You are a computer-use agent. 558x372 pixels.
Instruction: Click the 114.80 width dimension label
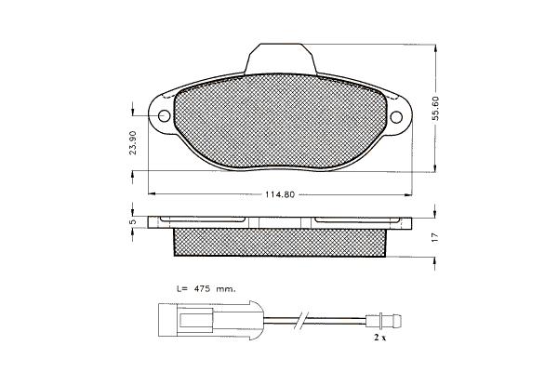point(280,194)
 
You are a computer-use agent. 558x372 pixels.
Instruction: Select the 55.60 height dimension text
point(436,108)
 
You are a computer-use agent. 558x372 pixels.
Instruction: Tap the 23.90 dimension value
point(133,142)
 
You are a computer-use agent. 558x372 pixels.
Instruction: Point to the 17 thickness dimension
point(434,238)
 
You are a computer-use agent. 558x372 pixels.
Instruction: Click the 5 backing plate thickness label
point(132,221)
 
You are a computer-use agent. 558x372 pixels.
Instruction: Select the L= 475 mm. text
point(206,289)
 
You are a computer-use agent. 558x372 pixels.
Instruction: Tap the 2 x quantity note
point(379,338)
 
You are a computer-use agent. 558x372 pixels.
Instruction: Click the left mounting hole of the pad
point(164,115)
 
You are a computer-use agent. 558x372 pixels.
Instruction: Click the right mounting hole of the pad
point(396,117)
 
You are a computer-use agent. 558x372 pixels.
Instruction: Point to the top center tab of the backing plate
point(281,59)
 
